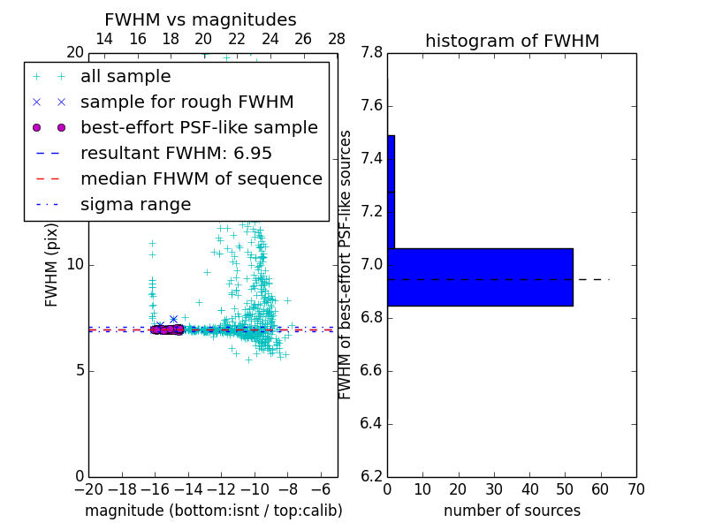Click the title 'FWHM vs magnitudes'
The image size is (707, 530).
click(x=200, y=20)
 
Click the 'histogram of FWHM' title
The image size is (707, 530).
click(x=512, y=41)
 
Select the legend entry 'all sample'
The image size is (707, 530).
click(x=125, y=77)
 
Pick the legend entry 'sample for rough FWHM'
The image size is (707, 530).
click(x=186, y=102)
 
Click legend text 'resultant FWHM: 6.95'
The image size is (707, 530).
click(x=176, y=153)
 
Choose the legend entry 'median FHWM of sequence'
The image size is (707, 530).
click(x=201, y=178)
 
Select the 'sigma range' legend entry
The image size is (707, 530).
click(x=135, y=204)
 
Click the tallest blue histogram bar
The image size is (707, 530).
click(x=480, y=277)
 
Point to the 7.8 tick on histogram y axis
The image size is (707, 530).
click(x=371, y=53)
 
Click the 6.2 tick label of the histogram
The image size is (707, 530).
click(x=371, y=476)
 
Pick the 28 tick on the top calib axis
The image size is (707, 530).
click(x=337, y=39)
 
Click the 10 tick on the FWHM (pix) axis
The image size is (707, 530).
click(x=74, y=265)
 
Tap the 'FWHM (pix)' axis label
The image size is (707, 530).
click(x=52, y=265)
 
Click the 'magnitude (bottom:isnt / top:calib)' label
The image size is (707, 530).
click(x=213, y=511)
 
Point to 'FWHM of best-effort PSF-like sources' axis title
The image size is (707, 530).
click(x=346, y=265)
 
